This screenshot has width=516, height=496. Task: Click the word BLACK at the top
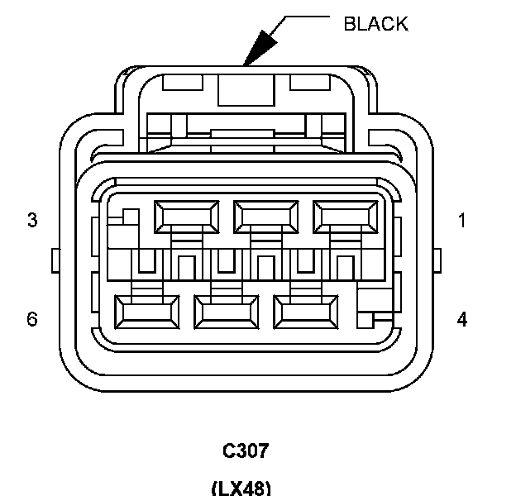tap(375, 24)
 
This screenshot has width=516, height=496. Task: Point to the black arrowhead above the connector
tap(262, 45)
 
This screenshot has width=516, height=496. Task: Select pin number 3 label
tap(32, 221)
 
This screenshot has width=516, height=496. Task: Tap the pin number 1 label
tap(462, 221)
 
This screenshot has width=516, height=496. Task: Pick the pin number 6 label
tap(32, 318)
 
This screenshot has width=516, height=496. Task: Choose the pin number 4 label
tap(462, 318)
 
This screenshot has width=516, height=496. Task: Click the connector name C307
tap(246, 451)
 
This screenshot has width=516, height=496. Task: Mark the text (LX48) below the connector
tap(241, 488)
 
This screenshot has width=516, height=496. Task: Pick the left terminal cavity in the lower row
tap(147, 311)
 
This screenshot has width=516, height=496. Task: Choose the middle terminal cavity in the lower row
tap(225, 311)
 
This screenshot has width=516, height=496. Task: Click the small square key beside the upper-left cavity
tap(129, 216)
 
